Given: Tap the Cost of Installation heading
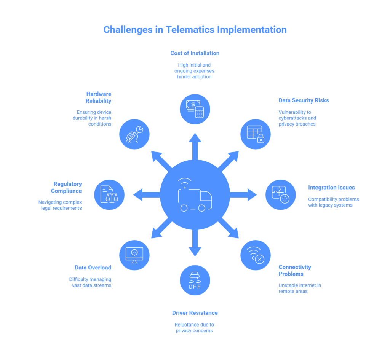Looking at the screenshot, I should click(195, 53).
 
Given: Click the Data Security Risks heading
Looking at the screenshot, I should click(304, 100).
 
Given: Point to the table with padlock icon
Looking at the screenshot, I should click(256, 134).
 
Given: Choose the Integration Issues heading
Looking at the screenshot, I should click(331, 188).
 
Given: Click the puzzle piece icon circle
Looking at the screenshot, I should click(280, 195).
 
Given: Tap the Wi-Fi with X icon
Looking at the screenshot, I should click(256, 255).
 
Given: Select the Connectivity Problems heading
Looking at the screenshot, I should click(295, 271).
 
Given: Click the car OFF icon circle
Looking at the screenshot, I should click(195, 280).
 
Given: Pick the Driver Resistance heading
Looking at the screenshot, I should click(195, 313).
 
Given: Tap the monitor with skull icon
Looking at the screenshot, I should click(134, 255).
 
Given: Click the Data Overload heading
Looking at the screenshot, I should click(93, 268).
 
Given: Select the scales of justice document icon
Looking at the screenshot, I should click(109, 195).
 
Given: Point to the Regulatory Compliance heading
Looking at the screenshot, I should click(67, 188).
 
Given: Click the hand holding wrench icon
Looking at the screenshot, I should click(134, 134).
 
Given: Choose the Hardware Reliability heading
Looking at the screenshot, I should click(98, 97).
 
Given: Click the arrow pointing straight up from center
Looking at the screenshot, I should click(195, 147).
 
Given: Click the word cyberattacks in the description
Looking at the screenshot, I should click(292, 118).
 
